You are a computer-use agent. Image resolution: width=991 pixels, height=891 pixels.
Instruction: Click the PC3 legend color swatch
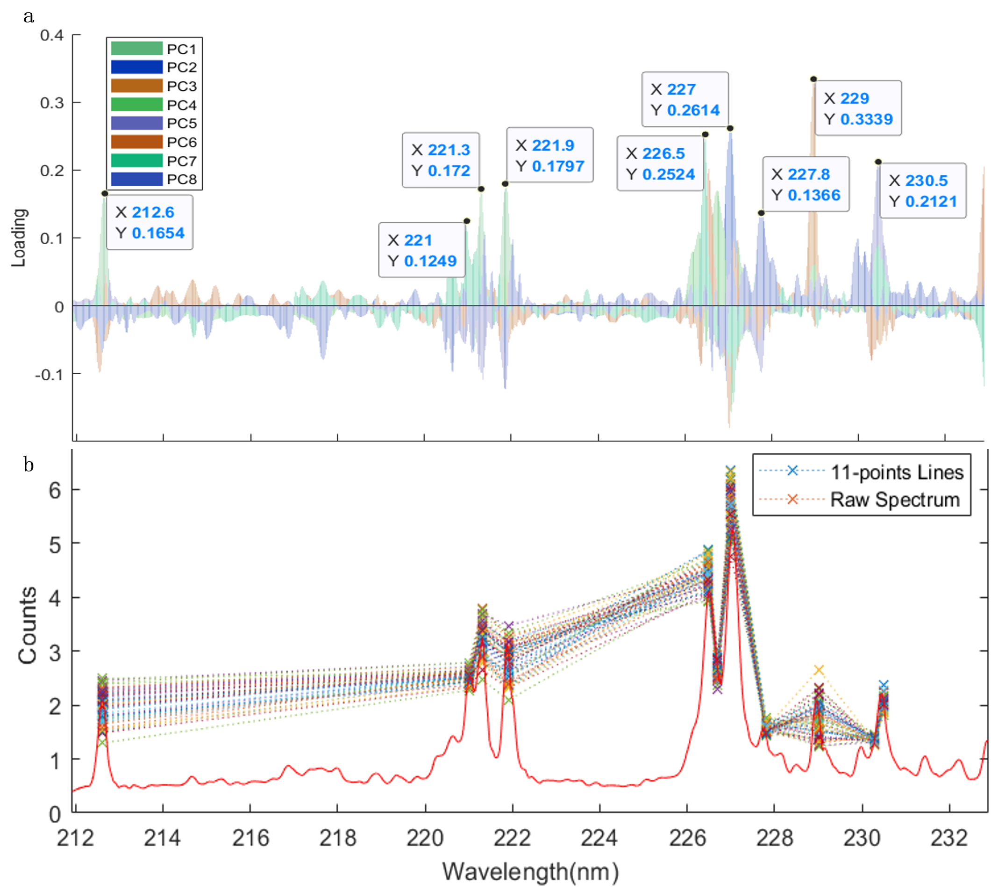pos(136,86)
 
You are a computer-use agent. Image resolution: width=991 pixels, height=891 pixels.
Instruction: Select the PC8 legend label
pos(181,179)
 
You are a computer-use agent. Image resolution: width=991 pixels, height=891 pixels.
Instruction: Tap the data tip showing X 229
pos(858,108)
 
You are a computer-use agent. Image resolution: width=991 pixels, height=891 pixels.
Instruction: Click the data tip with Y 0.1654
pos(149,222)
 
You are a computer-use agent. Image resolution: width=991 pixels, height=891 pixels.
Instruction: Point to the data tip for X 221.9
pos(549,155)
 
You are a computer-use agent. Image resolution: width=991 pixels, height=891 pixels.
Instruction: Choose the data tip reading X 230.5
pos(922,190)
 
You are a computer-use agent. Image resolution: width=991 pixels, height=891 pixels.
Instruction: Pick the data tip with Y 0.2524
pos(660,164)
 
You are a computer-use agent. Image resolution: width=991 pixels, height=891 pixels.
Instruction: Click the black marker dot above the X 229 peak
pos(813,79)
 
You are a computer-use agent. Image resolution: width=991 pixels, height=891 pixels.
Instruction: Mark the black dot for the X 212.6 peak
pos(105,193)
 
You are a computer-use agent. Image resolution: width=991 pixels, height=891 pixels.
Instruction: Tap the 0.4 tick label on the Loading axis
pos(52,35)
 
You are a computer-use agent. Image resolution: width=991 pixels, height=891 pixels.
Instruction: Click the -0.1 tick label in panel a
pos(49,375)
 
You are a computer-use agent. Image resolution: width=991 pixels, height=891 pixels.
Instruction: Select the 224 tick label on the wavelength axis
pos(599,838)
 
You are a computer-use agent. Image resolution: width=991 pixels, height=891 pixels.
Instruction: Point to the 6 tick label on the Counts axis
pos(55,490)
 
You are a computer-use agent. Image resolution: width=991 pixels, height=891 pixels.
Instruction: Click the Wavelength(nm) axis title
pos(530,872)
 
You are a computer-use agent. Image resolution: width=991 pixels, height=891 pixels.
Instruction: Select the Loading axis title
pos(19,238)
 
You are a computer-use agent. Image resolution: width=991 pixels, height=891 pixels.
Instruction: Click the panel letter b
pos(29,464)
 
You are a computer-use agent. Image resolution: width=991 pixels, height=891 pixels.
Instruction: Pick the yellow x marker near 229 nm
pos(819,670)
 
